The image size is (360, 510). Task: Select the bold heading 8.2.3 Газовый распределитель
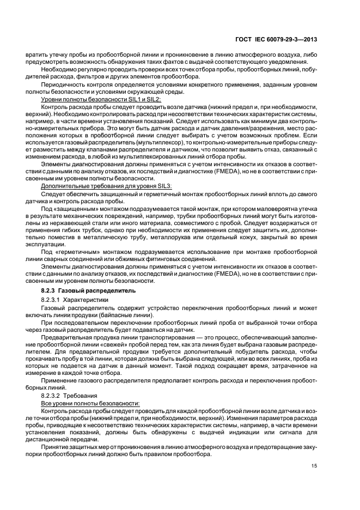point(89,292)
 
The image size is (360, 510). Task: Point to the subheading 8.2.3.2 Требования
point(70,394)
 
